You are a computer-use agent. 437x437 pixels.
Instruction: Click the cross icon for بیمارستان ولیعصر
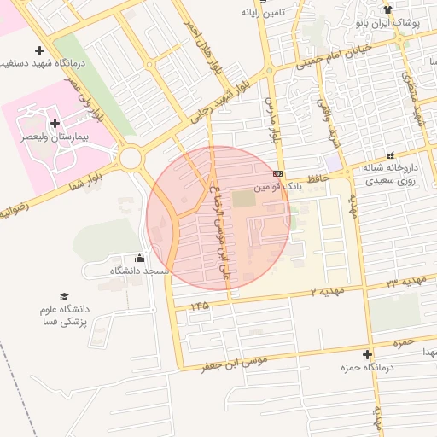[x=55, y=123]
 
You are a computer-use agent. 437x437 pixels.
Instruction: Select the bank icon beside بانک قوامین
[x=278, y=173]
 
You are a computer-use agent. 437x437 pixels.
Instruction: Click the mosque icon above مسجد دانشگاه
[x=140, y=259]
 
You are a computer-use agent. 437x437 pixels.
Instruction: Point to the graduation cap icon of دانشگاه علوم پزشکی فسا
[x=65, y=296]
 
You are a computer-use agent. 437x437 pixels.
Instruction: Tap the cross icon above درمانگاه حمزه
[x=368, y=354]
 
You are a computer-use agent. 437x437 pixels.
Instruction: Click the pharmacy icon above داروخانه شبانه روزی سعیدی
[x=391, y=155]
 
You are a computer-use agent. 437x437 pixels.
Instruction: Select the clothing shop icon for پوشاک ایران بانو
[x=387, y=10]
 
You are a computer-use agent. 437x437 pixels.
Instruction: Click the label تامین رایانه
[x=261, y=13]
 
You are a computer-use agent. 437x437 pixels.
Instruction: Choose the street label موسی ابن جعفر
[x=234, y=364]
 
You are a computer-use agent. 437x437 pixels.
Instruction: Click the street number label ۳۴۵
[x=200, y=305]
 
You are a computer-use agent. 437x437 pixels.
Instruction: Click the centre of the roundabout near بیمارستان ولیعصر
[x=131, y=158]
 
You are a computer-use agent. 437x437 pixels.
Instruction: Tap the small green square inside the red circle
[x=243, y=198]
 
